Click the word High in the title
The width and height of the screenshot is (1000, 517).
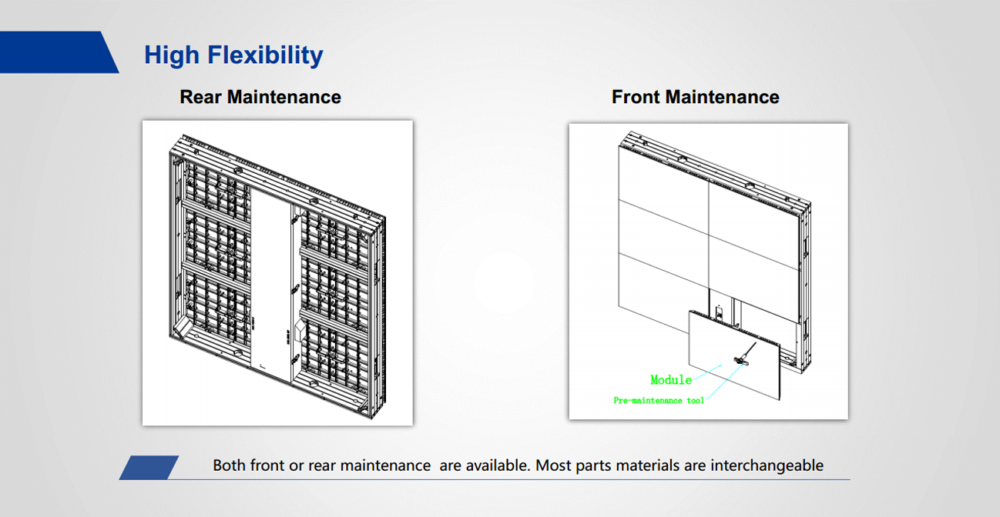[172, 55]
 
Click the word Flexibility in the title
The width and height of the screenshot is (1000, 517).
[265, 55]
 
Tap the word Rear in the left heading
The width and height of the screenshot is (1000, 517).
[200, 97]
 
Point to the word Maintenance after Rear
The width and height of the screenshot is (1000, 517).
[284, 97]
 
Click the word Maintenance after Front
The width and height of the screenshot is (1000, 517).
[723, 97]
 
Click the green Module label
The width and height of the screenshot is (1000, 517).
[671, 380]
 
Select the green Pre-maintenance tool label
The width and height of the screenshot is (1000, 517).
[659, 401]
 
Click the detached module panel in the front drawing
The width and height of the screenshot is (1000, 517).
[734, 355]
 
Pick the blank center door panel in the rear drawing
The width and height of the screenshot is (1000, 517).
[271, 285]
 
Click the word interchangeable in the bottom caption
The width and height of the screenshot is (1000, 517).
[767, 465]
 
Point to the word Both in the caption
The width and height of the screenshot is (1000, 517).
[229, 465]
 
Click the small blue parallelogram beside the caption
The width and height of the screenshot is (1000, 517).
[149, 468]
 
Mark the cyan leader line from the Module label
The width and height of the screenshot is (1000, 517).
[706, 372]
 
